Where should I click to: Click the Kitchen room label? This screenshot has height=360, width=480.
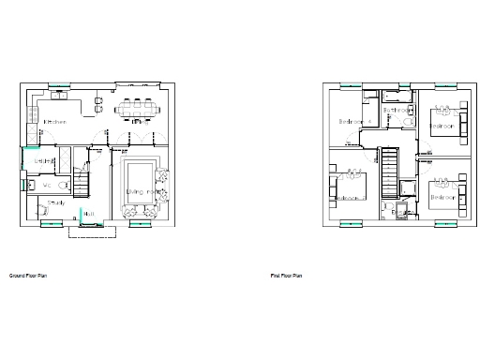[x=53, y=123]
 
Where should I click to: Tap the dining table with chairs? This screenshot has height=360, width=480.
[x=137, y=109]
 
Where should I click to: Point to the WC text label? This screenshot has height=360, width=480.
[x=46, y=185]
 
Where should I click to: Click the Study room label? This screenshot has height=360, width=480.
[x=55, y=202]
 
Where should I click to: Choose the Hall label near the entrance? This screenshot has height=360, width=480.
[x=89, y=215]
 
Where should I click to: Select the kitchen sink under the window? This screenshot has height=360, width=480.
[x=59, y=95]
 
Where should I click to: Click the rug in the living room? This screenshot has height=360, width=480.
[x=141, y=178]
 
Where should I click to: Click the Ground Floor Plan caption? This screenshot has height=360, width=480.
[x=27, y=277]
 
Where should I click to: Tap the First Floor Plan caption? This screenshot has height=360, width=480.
[x=286, y=277]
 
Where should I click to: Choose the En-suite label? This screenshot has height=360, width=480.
[x=401, y=213]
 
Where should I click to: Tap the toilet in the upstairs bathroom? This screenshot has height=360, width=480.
[x=410, y=119]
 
